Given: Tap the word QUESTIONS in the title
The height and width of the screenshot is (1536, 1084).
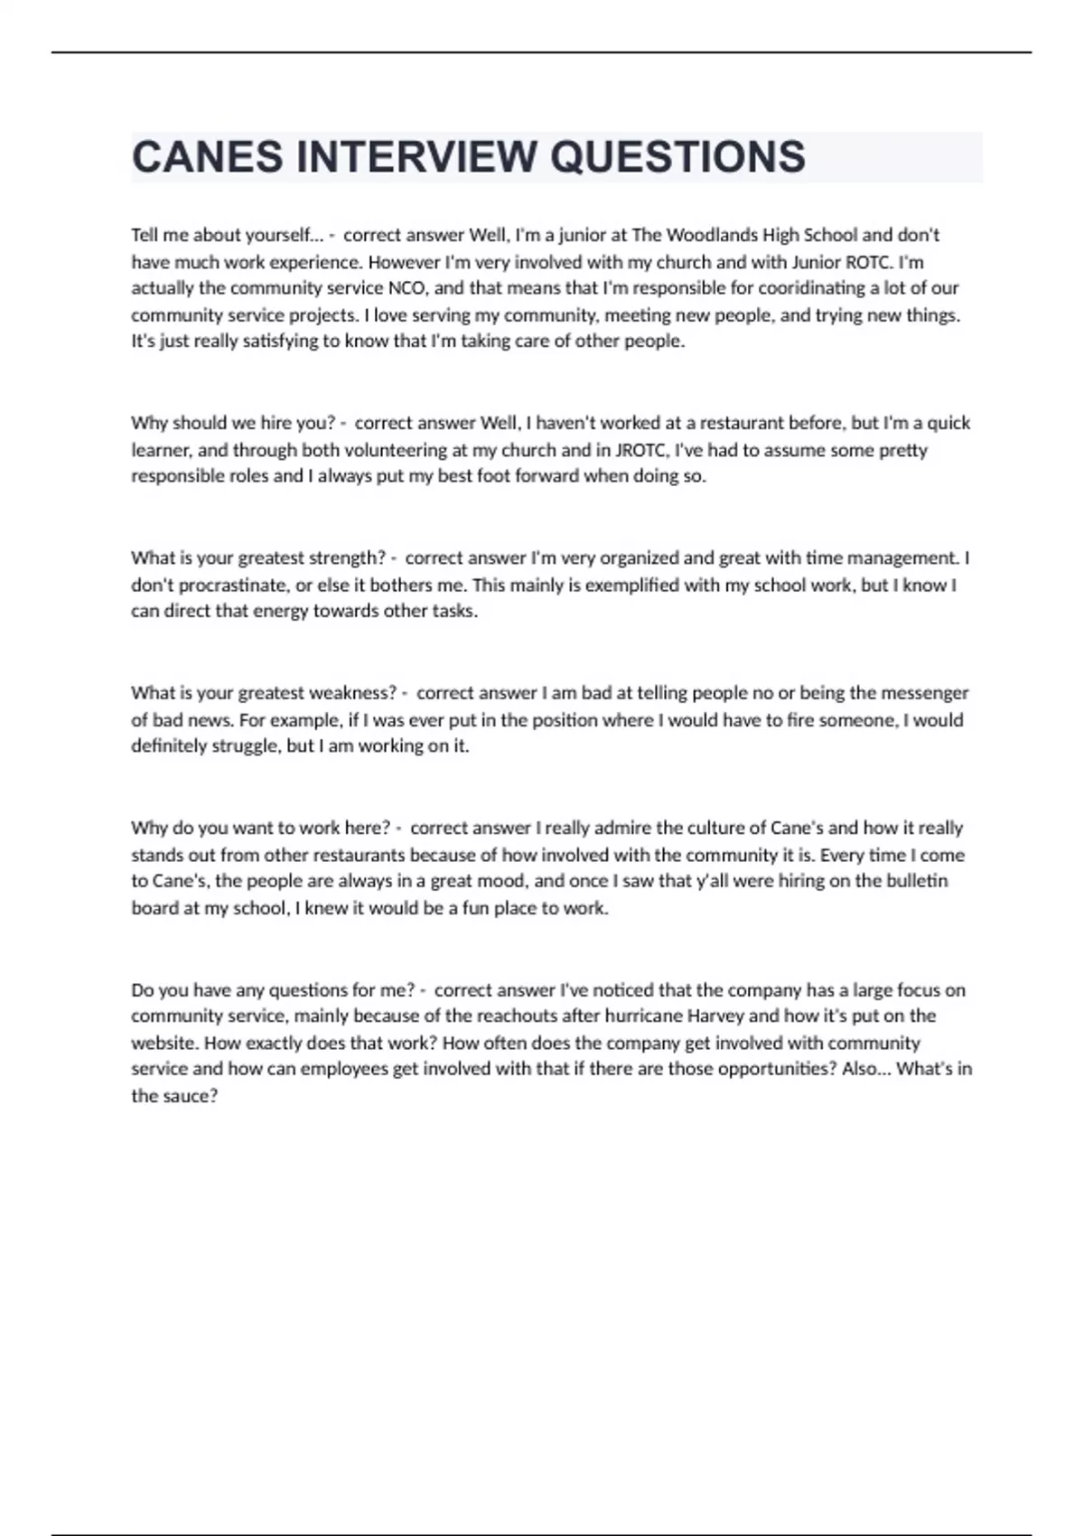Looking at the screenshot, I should point(677,157).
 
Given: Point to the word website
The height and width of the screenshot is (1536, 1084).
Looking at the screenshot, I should point(164,1043).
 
